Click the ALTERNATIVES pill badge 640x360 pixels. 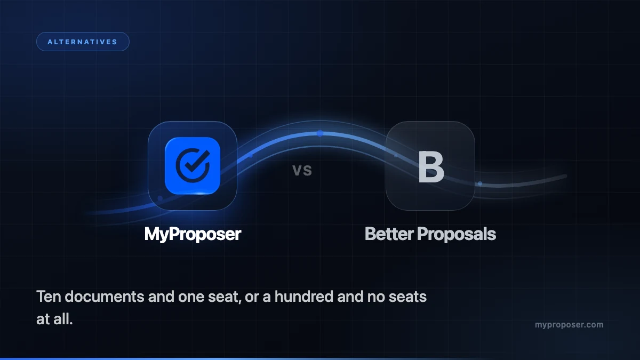pos(83,42)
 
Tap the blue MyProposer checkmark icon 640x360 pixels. pos(193,166)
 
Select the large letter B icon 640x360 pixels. pos(431,166)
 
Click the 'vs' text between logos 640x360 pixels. pos(302,170)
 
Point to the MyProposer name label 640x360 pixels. pos(193,234)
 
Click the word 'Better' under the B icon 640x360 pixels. pos(389,234)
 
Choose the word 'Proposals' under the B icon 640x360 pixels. pos(457,234)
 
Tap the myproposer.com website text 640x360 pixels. pos(569,325)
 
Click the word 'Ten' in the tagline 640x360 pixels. pos(49,297)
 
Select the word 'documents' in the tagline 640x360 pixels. pos(105,297)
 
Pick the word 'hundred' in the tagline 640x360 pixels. pos(303,297)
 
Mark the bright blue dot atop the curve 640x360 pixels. pos(320,133)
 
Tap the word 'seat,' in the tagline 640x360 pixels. pos(225,297)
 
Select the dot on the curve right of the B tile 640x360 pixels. pos(480,183)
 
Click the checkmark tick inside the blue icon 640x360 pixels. pos(197,161)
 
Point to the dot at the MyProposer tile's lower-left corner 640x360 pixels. pos(160,198)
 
